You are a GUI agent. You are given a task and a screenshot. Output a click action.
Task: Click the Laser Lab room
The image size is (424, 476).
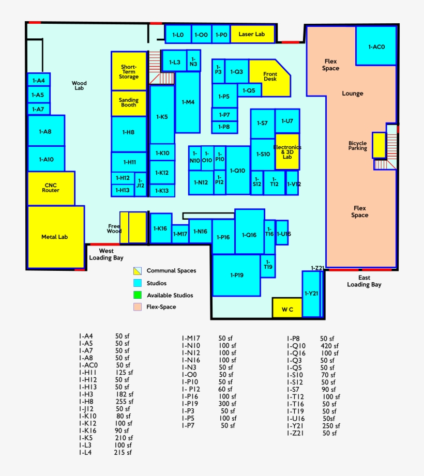(x=252, y=34)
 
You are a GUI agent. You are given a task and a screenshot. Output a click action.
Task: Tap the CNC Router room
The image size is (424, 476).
(x=51, y=188)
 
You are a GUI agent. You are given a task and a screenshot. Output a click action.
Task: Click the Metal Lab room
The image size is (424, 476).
(x=55, y=237)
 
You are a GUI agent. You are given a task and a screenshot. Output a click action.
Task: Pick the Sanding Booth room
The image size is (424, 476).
(x=129, y=103)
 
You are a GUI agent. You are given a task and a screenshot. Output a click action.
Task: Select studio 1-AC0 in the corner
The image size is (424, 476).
(x=376, y=47)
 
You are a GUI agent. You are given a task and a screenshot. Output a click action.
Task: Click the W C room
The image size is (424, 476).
(x=287, y=309)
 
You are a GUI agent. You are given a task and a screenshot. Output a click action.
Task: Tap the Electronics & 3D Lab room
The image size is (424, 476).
(x=287, y=151)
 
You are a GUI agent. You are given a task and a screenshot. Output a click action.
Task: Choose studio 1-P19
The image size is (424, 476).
(x=237, y=275)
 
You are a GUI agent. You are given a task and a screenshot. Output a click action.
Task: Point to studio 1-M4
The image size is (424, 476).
(x=188, y=102)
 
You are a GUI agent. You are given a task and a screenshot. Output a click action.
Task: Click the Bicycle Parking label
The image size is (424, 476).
(x=357, y=146)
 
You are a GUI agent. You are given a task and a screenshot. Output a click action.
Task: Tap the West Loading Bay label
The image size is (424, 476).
(x=106, y=254)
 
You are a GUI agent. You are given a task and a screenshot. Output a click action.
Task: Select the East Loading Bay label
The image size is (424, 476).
(x=365, y=281)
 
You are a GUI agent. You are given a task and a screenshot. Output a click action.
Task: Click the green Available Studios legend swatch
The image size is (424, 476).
(x=138, y=295)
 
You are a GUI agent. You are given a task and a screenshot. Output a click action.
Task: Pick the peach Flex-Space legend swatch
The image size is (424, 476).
(x=138, y=307)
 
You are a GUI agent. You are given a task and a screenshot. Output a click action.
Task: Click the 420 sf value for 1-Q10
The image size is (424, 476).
(x=329, y=346)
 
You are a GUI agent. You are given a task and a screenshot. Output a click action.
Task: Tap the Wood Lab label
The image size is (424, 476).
(x=79, y=86)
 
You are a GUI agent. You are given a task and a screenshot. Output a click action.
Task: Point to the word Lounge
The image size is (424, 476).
(x=353, y=94)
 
